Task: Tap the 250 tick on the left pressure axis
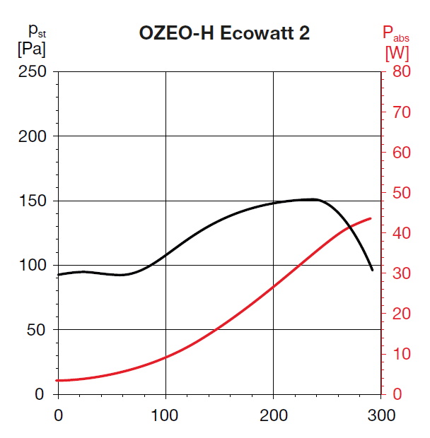coord(33,71)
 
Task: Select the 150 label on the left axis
coord(33,201)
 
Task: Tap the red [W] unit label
coord(397,52)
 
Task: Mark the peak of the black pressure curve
coord(313,199)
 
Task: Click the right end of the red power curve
coord(371,218)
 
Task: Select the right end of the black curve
coord(373,270)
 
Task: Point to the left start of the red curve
coord(59,380)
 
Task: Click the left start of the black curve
coord(59,275)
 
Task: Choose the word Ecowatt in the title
coord(265,33)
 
